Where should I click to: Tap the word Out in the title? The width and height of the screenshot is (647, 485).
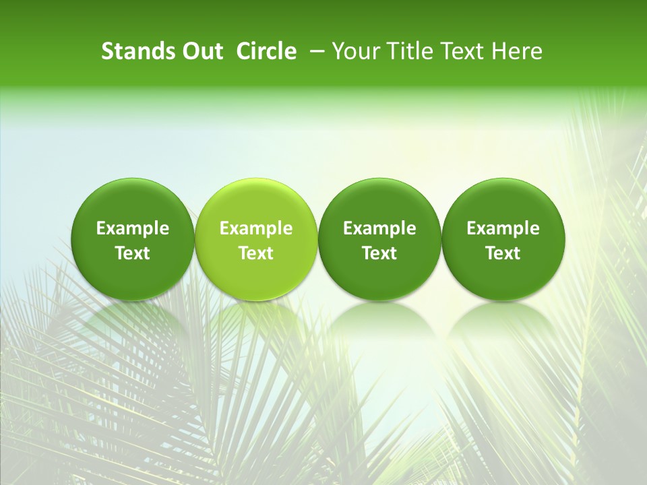tap(202, 51)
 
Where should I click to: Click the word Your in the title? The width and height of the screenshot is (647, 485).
tap(355, 51)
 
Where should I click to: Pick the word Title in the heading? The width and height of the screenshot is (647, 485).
tap(407, 51)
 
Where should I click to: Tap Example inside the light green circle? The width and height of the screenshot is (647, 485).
tap(256, 228)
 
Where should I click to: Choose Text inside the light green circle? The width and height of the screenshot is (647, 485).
tap(256, 253)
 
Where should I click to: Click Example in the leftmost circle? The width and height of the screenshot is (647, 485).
tap(133, 228)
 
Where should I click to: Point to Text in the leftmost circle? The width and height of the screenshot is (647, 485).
tap(133, 253)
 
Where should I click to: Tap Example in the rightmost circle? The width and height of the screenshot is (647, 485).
tap(503, 228)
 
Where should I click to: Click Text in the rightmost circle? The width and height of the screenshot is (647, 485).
tap(503, 253)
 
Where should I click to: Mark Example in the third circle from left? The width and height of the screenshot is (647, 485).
tap(379, 228)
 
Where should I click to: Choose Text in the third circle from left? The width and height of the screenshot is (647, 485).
tap(379, 253)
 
